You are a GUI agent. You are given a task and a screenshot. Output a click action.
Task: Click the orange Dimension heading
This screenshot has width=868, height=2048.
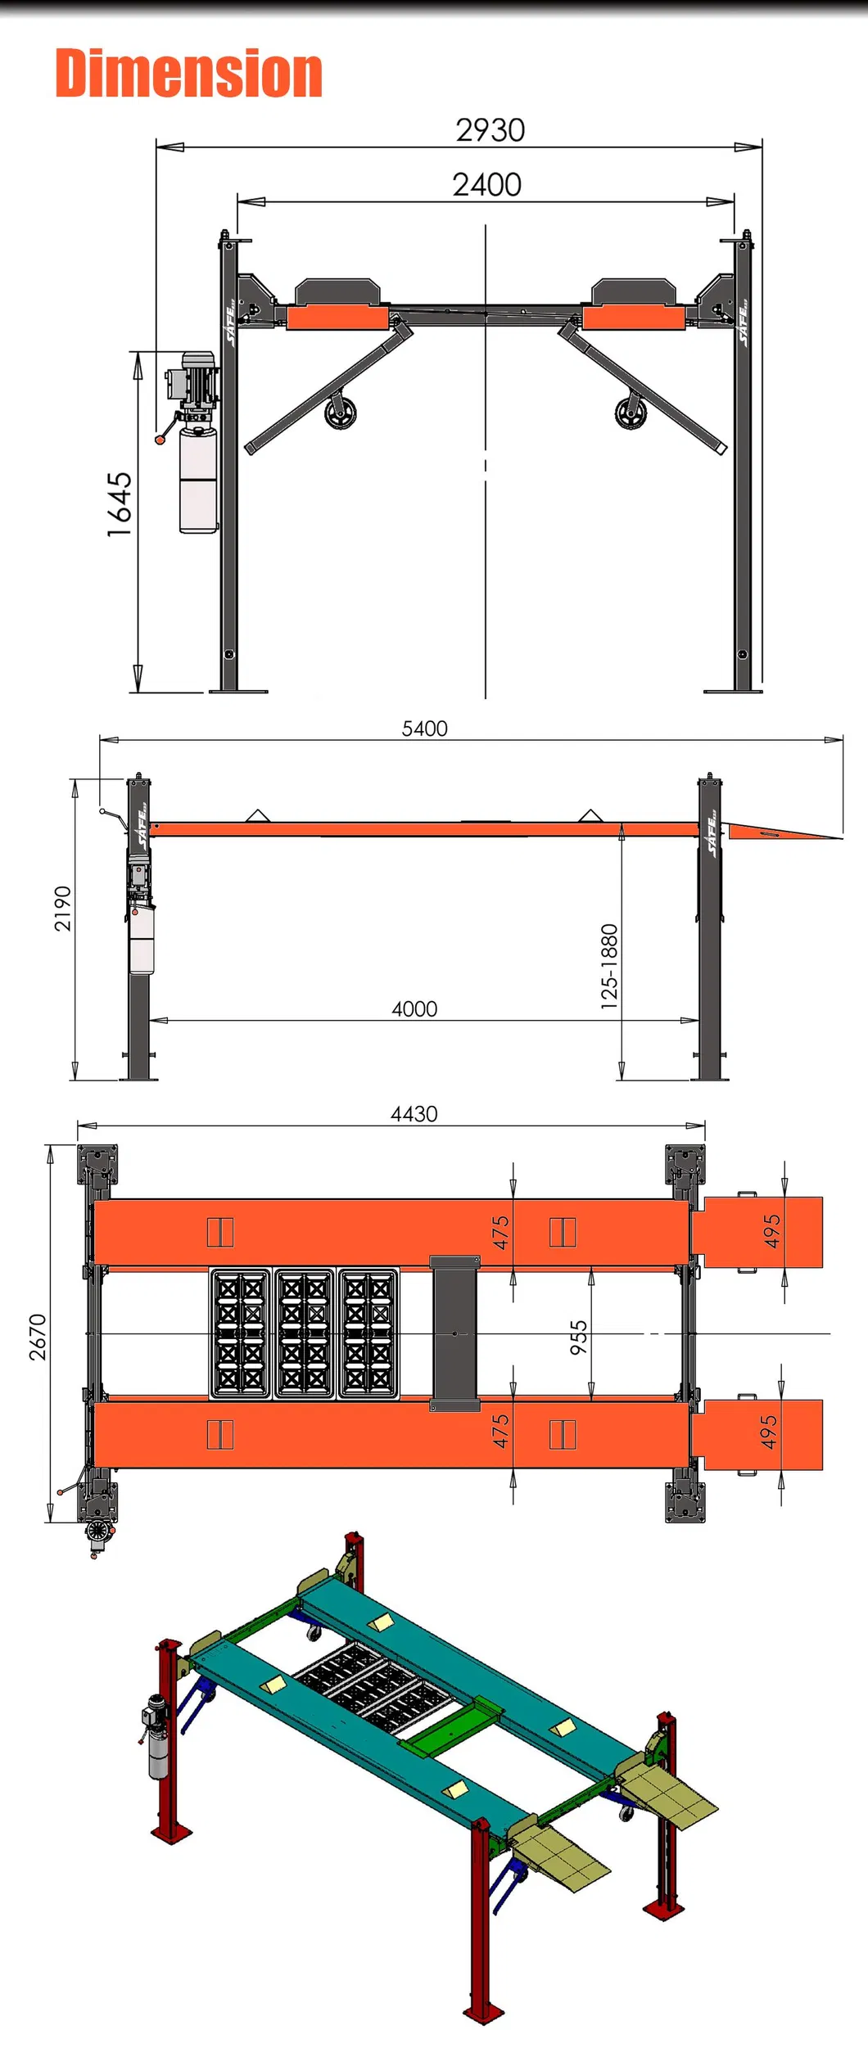click(x=188, y=74)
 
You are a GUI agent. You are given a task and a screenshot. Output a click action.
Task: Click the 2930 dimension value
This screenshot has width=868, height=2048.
click(x=490, y=130)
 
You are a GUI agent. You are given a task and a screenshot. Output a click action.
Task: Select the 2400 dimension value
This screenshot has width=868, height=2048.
click(x=486, y=185)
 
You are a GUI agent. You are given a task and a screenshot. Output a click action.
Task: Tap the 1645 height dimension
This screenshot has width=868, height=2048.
click(x=120, y=504)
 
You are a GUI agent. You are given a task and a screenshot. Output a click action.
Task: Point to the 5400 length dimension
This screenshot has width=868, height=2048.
click(x=424, y=729)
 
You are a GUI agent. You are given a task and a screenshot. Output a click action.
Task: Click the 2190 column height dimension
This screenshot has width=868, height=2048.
click(x=63, y=909)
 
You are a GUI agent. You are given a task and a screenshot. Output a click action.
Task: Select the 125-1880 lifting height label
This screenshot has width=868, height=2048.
click(x=609, y=966)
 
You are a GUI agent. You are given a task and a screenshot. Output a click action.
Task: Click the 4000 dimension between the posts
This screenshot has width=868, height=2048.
click(x=414, y=1008)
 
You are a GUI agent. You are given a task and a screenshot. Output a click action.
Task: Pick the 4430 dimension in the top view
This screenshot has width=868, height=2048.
click(x=414, y=1113)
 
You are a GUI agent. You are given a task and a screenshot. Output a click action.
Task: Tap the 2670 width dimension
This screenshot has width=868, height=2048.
click(x=38, y=1337)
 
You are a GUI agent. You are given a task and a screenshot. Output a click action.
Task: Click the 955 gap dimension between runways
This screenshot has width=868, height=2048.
click(x=579, y=1337)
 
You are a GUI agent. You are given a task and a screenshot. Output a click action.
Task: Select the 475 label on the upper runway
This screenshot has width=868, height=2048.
click(x=500, y=1232)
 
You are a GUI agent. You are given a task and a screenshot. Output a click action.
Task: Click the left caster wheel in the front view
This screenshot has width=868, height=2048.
click(x=339, y=413)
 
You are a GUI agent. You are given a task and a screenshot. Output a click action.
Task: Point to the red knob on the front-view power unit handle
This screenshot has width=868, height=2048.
click(x=160, y=440)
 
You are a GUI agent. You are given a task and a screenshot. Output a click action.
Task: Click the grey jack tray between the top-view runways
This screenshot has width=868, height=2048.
click(x=454, y=1333)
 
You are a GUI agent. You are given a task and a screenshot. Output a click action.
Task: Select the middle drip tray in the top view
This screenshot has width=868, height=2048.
click(x=304, y=1333)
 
